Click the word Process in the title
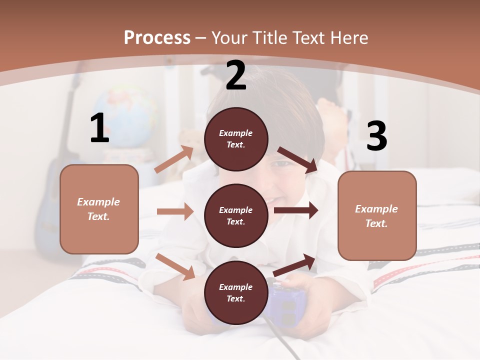157,38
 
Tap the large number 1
99,128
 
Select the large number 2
236,76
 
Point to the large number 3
376,136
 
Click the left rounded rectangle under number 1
99,209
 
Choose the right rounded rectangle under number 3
377,215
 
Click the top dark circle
236,139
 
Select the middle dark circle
236,215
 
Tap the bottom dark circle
236,292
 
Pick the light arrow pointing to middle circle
175,211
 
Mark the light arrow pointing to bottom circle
175,266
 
